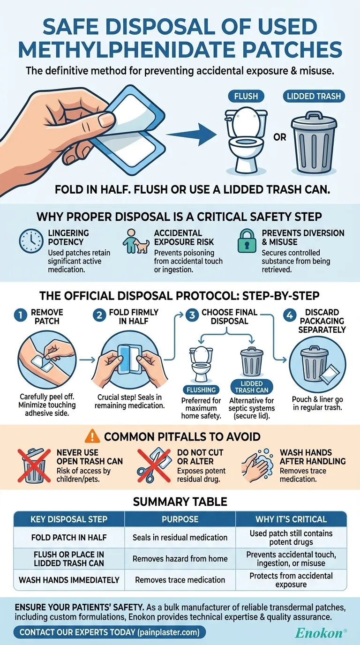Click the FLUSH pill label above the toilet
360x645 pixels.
pyautogui.click(x=246, y=96)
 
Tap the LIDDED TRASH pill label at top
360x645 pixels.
pyautogui.click(x=314, y=96)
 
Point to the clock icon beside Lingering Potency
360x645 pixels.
pyautogui.click(x=31, y=241)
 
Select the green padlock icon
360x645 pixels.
pyautogui.click(x=247, y=241)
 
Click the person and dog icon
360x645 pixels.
pyautogui.click(x=135, y=241)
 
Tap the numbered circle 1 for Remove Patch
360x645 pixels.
pyautogui.click(x=21, y=315)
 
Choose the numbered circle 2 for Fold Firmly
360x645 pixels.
pyautogui.click(x=99, y=315)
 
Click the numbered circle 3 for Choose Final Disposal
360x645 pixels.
pyautogui.click(x=192, y=315)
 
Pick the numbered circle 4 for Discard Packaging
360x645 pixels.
pyautogui.click(x=290, y=315)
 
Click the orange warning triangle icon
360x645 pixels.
pyautogui.click(x=92, y=436)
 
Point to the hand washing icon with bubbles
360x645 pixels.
pyautogui.click(x=258, y=465)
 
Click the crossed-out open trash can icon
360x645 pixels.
pyautogui.click(x=34, y=465)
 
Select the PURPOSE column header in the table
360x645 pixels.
pyautogui.click(x=180, y=519)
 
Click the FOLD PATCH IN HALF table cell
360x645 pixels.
pyautogui.click(x=69, y=537)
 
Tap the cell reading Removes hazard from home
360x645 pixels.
pyautogui.click(x=180, y=559)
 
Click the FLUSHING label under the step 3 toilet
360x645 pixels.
pyautogui.click(x=201, y=390)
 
